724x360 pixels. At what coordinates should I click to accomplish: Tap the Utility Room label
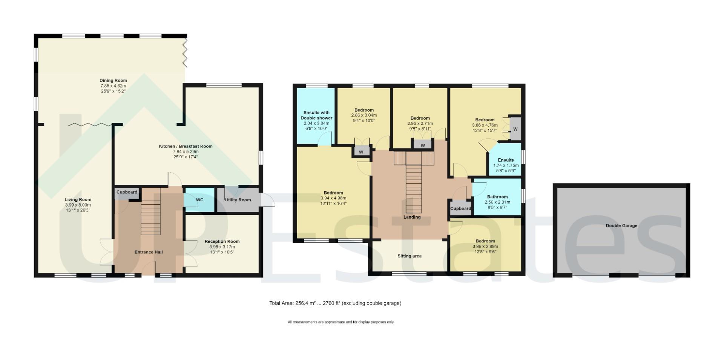[238, 200]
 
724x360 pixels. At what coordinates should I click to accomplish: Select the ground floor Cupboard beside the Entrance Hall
[127, 192]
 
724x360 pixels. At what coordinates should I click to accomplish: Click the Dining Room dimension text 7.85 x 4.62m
[113, 86]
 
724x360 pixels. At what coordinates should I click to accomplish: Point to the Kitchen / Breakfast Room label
[186, 146]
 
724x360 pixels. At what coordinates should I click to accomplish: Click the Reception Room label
[222, 241]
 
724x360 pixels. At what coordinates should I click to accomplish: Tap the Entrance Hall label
[149, 252]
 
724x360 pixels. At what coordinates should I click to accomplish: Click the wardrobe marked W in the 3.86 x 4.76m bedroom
[515, 129]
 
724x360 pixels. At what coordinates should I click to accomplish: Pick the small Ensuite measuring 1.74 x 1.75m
[506, 162]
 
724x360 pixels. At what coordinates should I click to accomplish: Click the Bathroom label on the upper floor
[497, 197]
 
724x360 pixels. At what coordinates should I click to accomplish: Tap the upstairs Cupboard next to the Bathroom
[460, 208]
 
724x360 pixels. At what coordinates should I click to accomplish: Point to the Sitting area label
[409, 256]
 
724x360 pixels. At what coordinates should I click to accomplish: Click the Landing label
[412, 217]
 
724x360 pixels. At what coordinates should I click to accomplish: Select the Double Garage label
[621, 226]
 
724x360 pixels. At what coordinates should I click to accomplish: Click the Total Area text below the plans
[335, 303]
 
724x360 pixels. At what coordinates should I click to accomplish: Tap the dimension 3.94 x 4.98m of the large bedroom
[333, 198]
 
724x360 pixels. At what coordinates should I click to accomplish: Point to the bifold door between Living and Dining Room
[90, 124]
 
